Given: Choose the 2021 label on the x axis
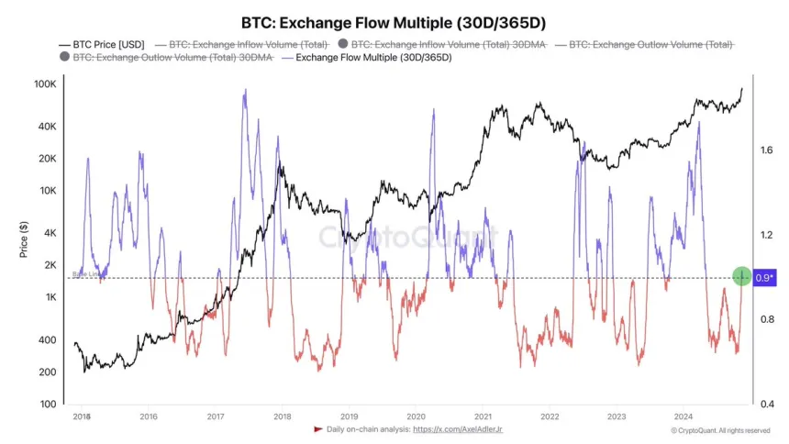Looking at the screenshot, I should point(482,415).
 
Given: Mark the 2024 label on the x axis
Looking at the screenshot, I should point(683,415).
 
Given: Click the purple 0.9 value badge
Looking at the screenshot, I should point(764,276).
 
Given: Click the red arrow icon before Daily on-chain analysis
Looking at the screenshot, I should point(318,428).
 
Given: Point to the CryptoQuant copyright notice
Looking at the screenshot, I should point(719,429).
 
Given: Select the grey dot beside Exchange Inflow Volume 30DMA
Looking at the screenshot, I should point(343,44).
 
